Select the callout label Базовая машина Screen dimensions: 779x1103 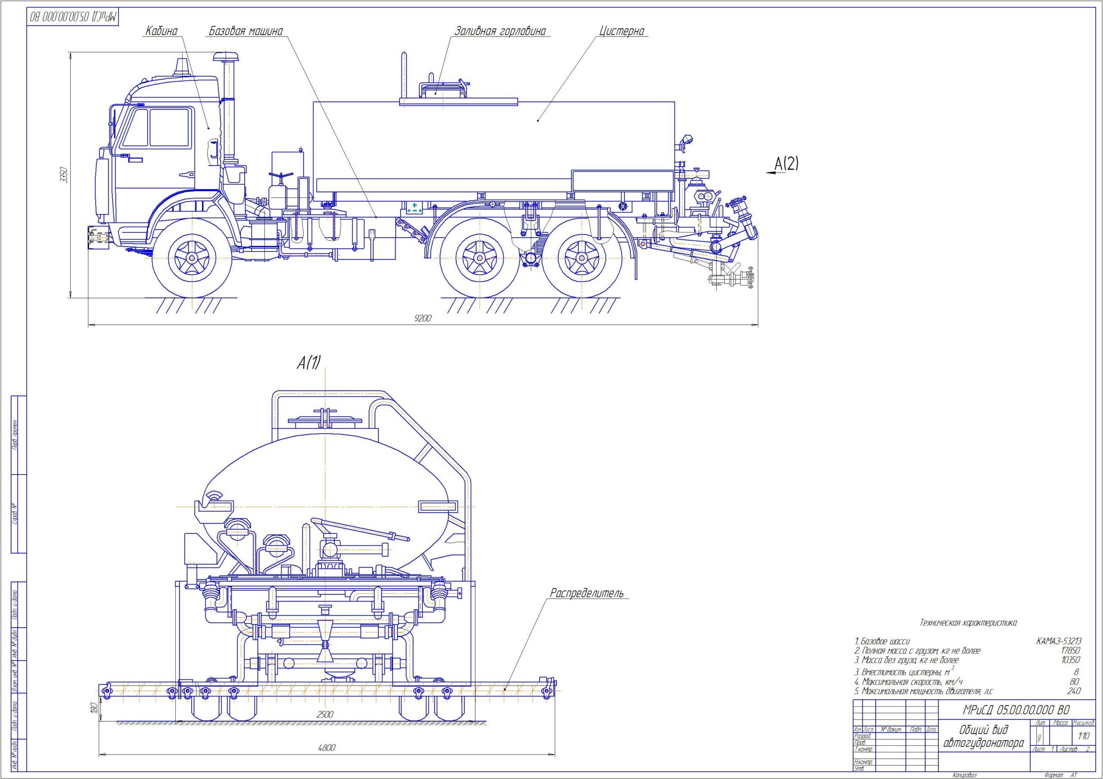pos(246,31)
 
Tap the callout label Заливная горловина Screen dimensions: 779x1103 pos(500,31)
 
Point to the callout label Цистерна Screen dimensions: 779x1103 pos(622,31)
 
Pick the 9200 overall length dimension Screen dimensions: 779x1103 pos(423,318)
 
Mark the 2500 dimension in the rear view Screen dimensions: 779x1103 pos(325,714)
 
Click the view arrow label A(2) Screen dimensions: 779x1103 pos(786,164)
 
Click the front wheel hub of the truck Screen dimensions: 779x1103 pos(192,258)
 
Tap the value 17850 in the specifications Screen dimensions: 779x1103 pos(1070,651)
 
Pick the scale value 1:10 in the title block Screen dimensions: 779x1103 pos(1084,736)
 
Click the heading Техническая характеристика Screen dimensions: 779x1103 pos(968,623)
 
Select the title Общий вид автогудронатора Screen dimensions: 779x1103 pos(983,737)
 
